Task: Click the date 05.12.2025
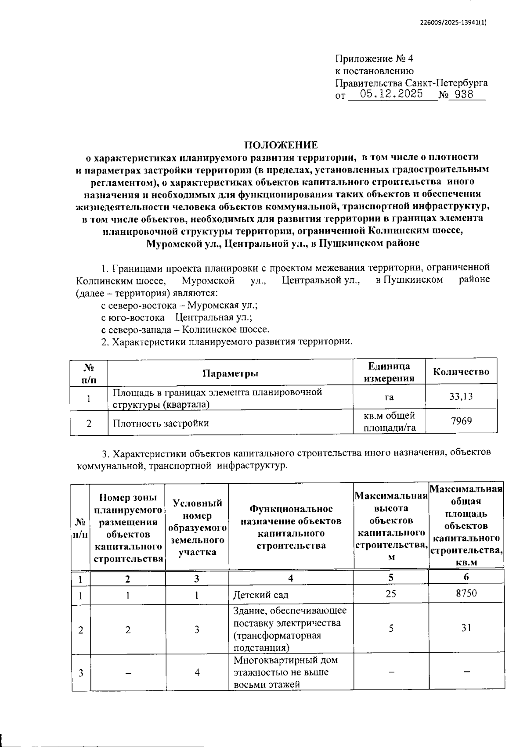pos(391,94)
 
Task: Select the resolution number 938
pos(464,94)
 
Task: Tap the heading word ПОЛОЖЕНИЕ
pos(281,145)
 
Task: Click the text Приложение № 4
pos(374,59)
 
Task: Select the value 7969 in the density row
pos(461,421)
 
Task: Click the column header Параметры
pos(230,373)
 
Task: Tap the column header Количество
pos(461,372)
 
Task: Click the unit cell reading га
pos(389,398)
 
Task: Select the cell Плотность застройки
pos(161,424)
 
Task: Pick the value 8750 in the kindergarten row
pos(466,593)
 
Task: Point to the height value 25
pos(390,593)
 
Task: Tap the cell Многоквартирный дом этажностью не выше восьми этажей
pos(286,672)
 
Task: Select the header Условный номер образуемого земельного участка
pos(197,528)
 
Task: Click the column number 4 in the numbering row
pos(291,578)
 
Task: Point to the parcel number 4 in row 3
pos(197,672)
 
